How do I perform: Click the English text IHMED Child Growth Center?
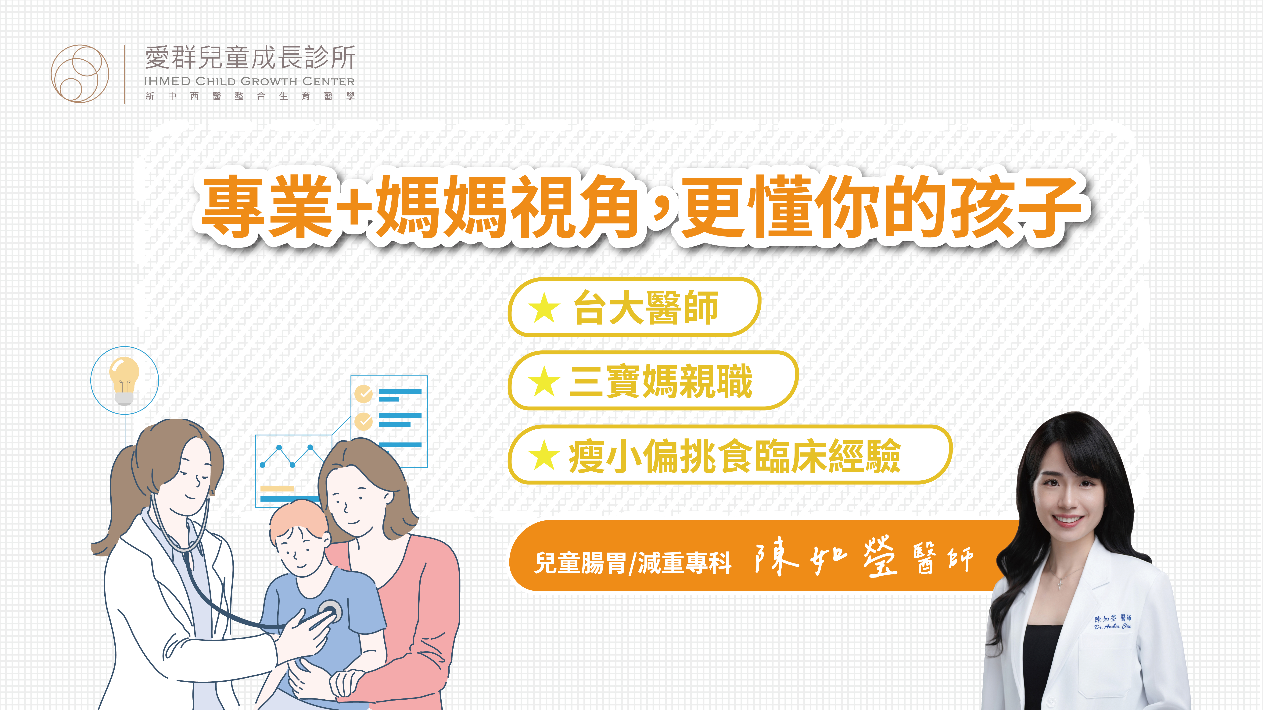pyautogui.click(x=249, y=81)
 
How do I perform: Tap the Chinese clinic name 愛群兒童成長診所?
pyautogui.click(x=250, y=58)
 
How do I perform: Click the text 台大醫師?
pyautogui.click(x=646, y=308)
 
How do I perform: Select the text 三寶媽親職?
pyautogui.click(x=661, y=381)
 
